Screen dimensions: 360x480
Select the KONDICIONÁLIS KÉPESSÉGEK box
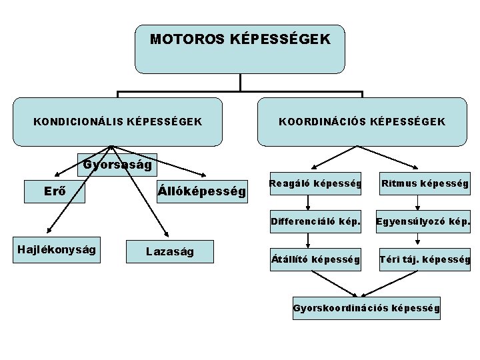[117, 122]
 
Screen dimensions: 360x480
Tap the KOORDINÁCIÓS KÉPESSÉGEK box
[362, 122]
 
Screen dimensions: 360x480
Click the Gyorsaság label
[117, 164]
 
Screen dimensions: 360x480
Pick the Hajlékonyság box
[57, 249]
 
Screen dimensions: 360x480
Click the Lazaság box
[170, 251]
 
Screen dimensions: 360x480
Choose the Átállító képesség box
[315, 258]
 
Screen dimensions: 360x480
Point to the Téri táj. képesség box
[424, 258]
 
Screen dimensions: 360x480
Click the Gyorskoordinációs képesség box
[366, 308]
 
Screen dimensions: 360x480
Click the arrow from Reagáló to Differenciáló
[308, 203]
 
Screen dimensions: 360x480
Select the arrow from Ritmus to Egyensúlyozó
[417, 203]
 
